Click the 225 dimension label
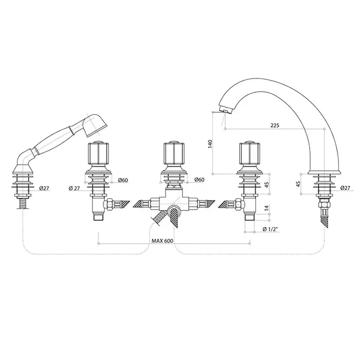(275, 125)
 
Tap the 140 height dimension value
(210, 143)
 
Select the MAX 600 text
(162, 241)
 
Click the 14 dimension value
(266, 208)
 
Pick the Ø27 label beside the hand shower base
(44, 188)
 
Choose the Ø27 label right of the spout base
(345, 188)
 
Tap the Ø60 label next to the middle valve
(199, 180)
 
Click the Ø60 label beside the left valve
(123, 180)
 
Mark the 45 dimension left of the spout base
(298, 184)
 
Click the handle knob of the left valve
(98, 153)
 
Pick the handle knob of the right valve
(250, 153)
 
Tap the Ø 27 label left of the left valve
(74, 188)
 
